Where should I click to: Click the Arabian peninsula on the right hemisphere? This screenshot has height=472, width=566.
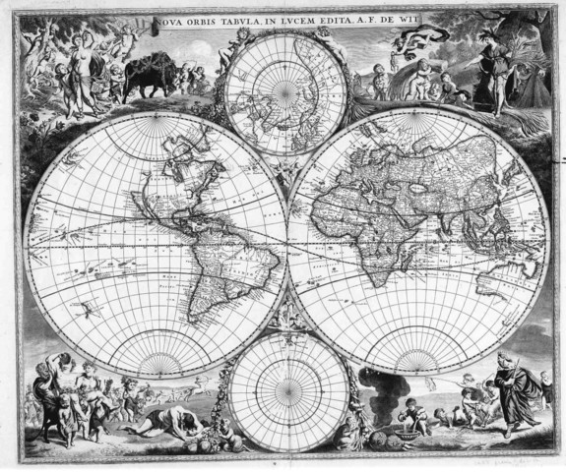(x=412, y=221)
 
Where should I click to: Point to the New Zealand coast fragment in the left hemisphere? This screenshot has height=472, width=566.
(x=89, y=309)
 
